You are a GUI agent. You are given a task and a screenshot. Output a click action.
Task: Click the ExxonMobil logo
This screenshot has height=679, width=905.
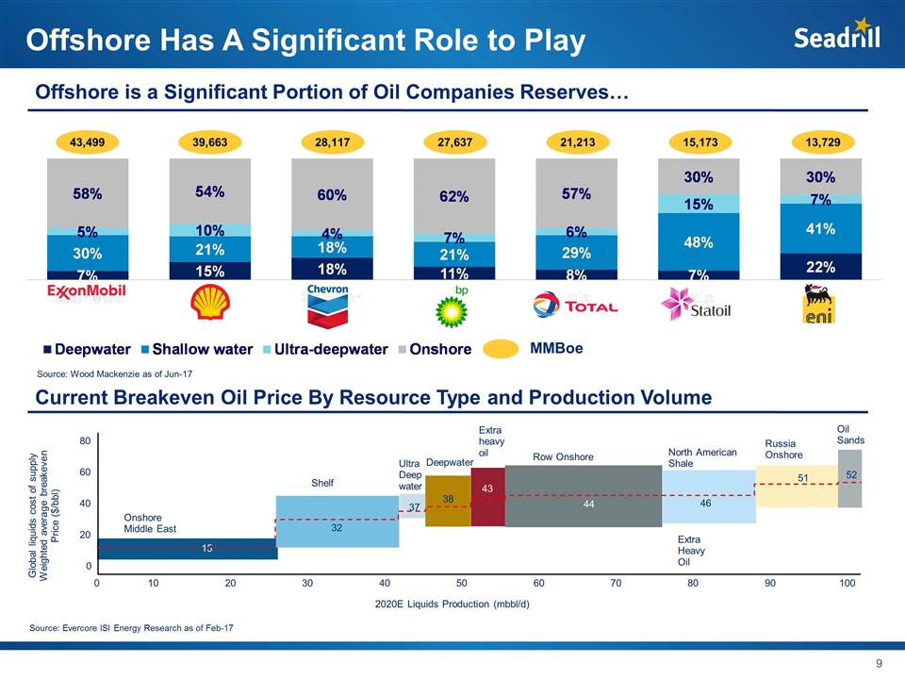tap(86, 292)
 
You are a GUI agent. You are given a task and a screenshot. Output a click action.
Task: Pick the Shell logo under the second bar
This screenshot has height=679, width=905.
tap(208, 303)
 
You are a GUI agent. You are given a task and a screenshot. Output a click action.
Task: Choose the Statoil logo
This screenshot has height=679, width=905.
tap(699, 305)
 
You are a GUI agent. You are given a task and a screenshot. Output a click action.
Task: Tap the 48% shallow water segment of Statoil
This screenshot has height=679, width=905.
tap(699, 240)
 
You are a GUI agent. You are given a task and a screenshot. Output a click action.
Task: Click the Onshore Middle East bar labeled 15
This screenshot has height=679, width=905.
tap(188, 548)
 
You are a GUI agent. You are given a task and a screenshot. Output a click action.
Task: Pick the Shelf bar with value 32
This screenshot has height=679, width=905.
tap(337, 522)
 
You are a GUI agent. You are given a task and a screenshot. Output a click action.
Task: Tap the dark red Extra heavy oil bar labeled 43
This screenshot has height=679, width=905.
tap(487, 497)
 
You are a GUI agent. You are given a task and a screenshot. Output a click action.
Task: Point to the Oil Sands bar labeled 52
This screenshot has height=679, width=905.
tap(849, 478)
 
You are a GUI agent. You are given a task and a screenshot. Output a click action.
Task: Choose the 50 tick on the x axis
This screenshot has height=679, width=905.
tap(461, 585)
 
